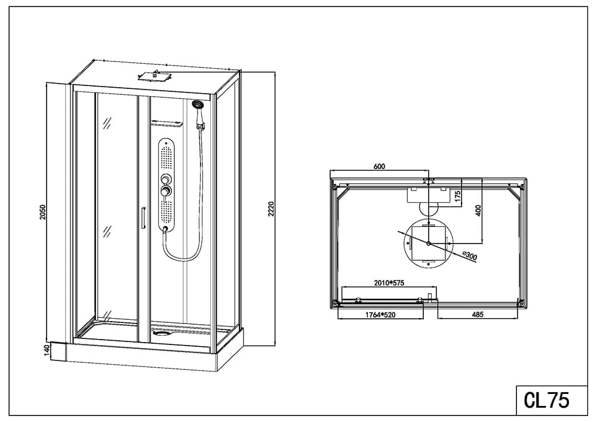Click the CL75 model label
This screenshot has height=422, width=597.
tap(546, 400)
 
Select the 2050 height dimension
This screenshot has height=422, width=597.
tap(42, 212)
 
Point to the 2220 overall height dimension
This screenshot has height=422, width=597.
tap(270, 209)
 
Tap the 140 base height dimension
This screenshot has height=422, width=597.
tap(47, 350)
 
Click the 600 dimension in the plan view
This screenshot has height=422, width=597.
tap(379, 167)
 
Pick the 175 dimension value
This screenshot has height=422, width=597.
tap(458, 196)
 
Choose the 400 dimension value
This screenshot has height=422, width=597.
tap(478, 211)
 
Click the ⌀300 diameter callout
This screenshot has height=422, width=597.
tap(469, 255)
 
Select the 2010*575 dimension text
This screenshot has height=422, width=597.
tap(389, 283)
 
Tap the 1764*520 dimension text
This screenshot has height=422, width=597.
tap(380, 315)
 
